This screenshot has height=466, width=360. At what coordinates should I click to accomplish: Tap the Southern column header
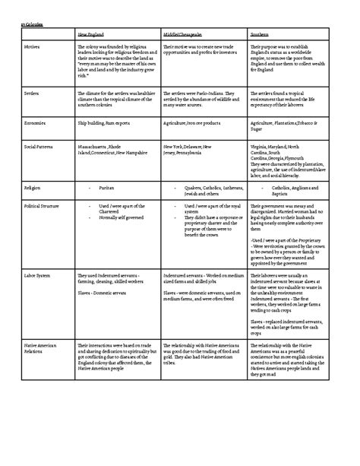coord(260,35)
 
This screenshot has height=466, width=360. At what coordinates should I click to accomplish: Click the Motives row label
coord(33,47)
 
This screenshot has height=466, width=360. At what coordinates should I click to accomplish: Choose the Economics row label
coord(36,122)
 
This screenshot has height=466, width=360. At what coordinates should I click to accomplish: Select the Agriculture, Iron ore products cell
coord(191,122)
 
